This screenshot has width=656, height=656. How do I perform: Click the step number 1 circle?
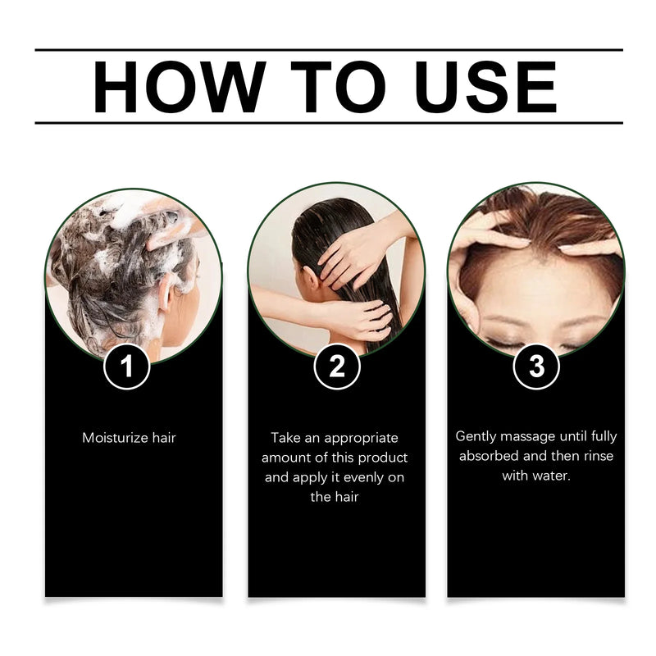click(126, 367)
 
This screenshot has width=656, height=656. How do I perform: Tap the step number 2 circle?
click(337, 367)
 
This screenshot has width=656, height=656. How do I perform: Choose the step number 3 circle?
click(536, 367)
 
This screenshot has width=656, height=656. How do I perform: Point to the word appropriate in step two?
click(363, 438)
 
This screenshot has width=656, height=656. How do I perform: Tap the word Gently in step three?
click(476, 436)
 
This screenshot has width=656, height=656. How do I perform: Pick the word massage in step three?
click(526, 436)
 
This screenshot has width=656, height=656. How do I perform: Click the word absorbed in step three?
click(490, 456)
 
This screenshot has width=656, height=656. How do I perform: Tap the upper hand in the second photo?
click(348, 252)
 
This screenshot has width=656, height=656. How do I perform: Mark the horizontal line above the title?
click(328, 50)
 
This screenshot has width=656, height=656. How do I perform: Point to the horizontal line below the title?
click(328, 123)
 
